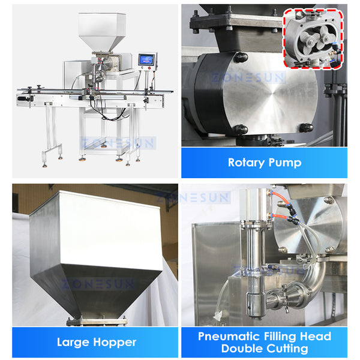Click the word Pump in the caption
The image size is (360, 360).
(286, 163)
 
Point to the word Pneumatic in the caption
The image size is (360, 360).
(229, 336)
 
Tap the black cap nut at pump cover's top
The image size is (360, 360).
(241, 57)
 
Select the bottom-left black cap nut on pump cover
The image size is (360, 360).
(239, 128)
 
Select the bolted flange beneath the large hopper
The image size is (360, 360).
(96, 321)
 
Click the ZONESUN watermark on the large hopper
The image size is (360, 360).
(96, 284)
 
